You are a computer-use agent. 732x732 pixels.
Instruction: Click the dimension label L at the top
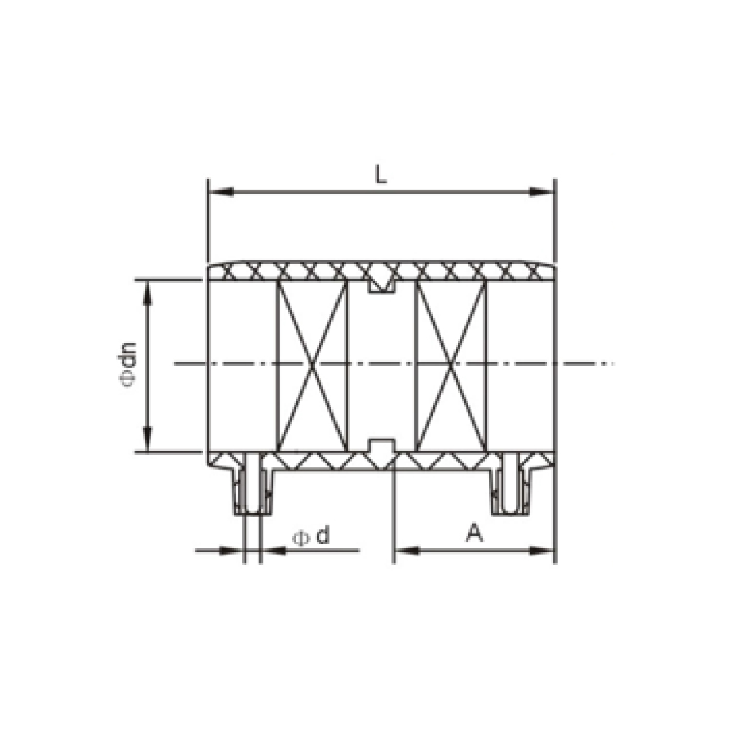click(381, 174)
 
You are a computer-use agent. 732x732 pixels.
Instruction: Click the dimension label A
click(475, 533)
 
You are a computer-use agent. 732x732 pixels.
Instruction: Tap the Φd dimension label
click(311, 536)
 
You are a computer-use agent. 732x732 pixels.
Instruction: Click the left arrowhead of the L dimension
click(221, 191)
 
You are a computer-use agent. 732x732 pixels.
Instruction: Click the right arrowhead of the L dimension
click(542, 191)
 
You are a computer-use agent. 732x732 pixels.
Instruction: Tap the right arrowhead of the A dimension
click(542, 550)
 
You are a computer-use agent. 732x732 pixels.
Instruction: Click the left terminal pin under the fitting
click(252, 486)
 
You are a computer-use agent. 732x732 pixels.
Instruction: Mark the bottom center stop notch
click(381, 447)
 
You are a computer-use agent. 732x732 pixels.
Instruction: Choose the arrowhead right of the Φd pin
click(272, 550)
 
